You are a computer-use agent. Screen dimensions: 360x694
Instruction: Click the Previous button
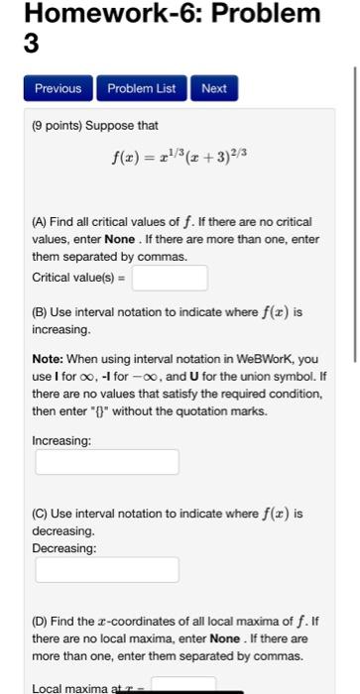pyautogui.click(x=58, y=88)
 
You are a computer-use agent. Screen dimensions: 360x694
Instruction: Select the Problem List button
pyautogui.click(x=140, y=88)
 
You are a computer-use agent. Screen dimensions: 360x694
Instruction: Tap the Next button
pyautogui.click(x=213, y=88)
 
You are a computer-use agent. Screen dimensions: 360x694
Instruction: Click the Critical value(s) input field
pyautogui.click(x=165, y=277)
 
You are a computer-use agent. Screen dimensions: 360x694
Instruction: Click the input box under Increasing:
pyautogui.click(x=107, y=462)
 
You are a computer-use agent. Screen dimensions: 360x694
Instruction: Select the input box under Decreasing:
pyautogui.click(x=107, y=569)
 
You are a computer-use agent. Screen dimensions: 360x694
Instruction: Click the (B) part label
pyautogui.click(x=42, y=311)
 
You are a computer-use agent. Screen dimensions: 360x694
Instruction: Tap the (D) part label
pyautogui.click(x=42, y=621)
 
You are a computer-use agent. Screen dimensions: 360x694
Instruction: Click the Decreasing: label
pyautogui.click(x=64, y=547)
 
